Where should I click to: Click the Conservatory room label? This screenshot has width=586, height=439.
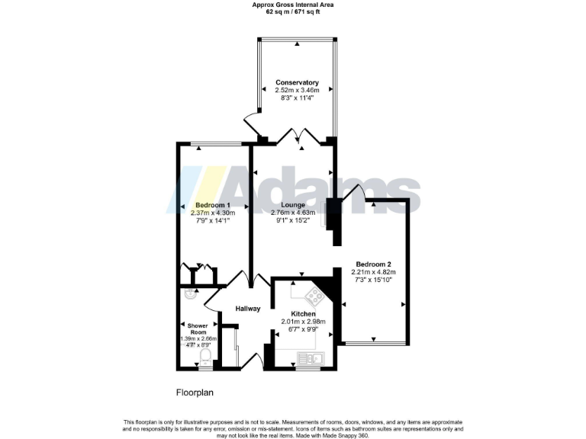296,82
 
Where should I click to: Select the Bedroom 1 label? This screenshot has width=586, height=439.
213,206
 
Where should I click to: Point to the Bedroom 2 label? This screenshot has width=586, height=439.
373,264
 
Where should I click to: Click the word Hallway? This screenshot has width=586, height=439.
248,309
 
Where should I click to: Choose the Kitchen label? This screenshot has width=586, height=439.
303,313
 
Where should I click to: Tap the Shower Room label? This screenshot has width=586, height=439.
198,329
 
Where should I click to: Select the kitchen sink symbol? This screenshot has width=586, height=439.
311,357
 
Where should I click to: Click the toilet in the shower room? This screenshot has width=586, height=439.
204,359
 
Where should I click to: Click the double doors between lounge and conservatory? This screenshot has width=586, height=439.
295,138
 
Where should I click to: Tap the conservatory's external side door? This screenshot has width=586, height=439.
251,126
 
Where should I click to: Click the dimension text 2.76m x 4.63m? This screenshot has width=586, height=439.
293,213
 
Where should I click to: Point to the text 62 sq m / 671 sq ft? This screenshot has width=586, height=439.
293,13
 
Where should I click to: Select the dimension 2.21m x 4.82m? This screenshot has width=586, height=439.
373,273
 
